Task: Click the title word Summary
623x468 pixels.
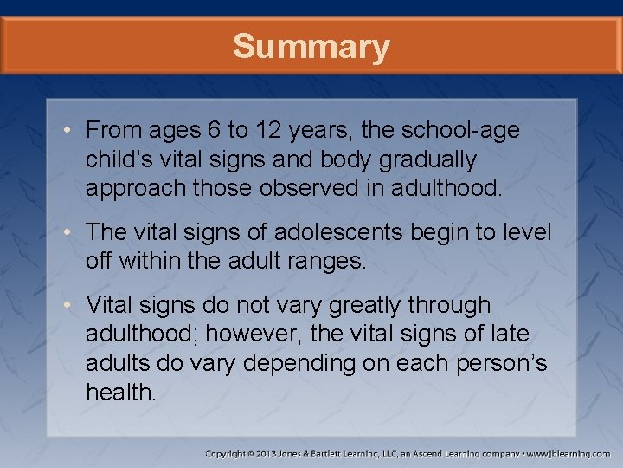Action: [311, 47]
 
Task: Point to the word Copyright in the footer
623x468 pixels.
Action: [229, 453]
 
